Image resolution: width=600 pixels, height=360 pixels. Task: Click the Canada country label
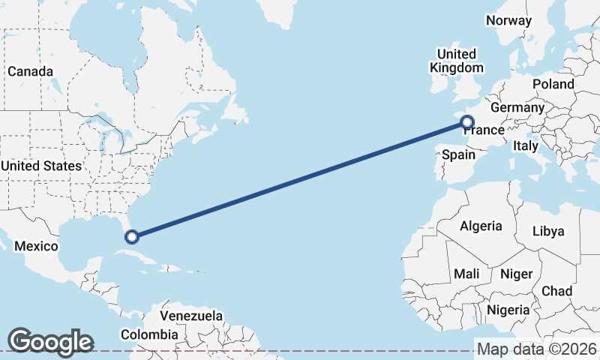[x=30, y=71]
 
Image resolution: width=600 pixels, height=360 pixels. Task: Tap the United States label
[x=41, y=166]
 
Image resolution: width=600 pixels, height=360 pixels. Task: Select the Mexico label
[x=36, y=246]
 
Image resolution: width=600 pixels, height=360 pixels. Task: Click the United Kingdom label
[x=456, y=61]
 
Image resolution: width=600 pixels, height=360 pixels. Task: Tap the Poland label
[x=553, y=84]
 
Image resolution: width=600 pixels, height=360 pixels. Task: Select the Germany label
[x=517, y=107]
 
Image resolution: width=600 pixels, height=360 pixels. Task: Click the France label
[x=484, y=130]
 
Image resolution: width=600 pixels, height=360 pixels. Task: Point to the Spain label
[x=458, y=154]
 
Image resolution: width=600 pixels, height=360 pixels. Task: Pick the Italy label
[x=526, y=146]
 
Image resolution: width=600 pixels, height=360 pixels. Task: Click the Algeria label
[x=480, y=226]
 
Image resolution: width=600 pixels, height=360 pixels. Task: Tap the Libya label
[x=547, y=231]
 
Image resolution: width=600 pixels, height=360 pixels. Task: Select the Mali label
[x=466, y=274]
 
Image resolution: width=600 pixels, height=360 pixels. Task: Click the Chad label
[x=556, y=291]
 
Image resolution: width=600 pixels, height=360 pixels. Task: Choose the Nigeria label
[x=508, y=310]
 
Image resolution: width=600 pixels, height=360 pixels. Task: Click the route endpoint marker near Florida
[x=132, y=237]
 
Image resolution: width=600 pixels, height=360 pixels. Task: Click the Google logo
[x=50, y=341]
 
